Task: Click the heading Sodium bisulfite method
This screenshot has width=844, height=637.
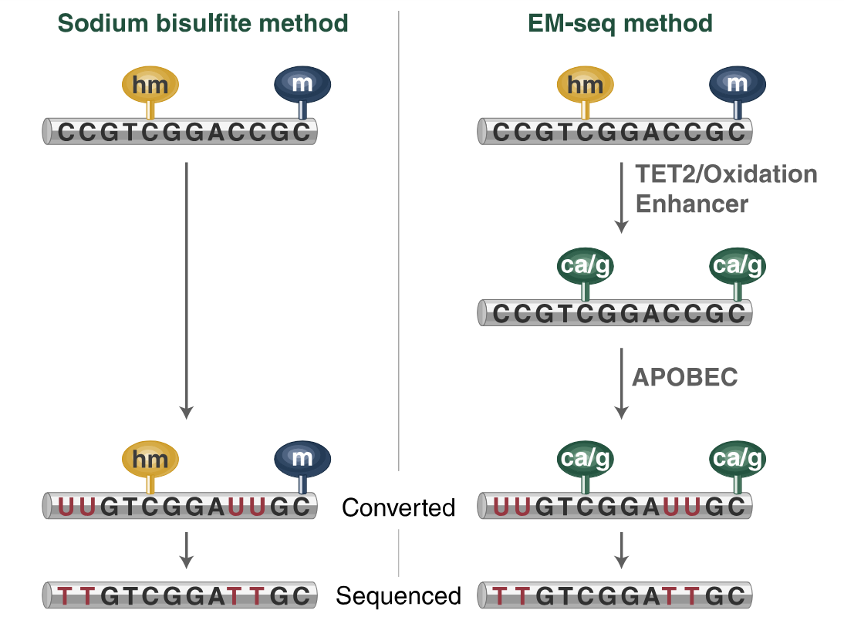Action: [203, 24]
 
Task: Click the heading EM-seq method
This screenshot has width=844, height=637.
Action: [620, 24]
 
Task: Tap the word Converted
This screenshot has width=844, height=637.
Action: [398, 507]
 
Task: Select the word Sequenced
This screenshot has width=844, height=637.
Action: [398, 596]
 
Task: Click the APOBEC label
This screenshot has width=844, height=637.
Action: [685, 377]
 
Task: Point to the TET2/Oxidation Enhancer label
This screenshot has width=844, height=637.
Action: [725, 189]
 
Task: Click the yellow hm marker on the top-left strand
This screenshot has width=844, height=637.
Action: [150, 85]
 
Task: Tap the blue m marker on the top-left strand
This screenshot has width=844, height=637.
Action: [302, 83]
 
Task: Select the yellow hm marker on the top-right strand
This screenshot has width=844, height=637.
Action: [586, 84]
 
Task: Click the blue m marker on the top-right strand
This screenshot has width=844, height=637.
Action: [738, 83]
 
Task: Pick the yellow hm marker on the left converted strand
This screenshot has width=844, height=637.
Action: [150, 460]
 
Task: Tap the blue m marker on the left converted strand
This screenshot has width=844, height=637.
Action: [302, 458]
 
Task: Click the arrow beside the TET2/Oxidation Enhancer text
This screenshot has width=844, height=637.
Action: [621, 197]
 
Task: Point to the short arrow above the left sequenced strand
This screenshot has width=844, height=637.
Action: [186, 549]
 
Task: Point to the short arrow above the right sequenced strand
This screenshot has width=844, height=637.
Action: [621, 549]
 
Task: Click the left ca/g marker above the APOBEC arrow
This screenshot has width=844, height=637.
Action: [586, 267]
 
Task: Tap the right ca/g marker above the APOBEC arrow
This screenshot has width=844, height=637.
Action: [738, 267]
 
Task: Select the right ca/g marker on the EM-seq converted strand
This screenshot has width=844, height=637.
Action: [738, 460]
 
